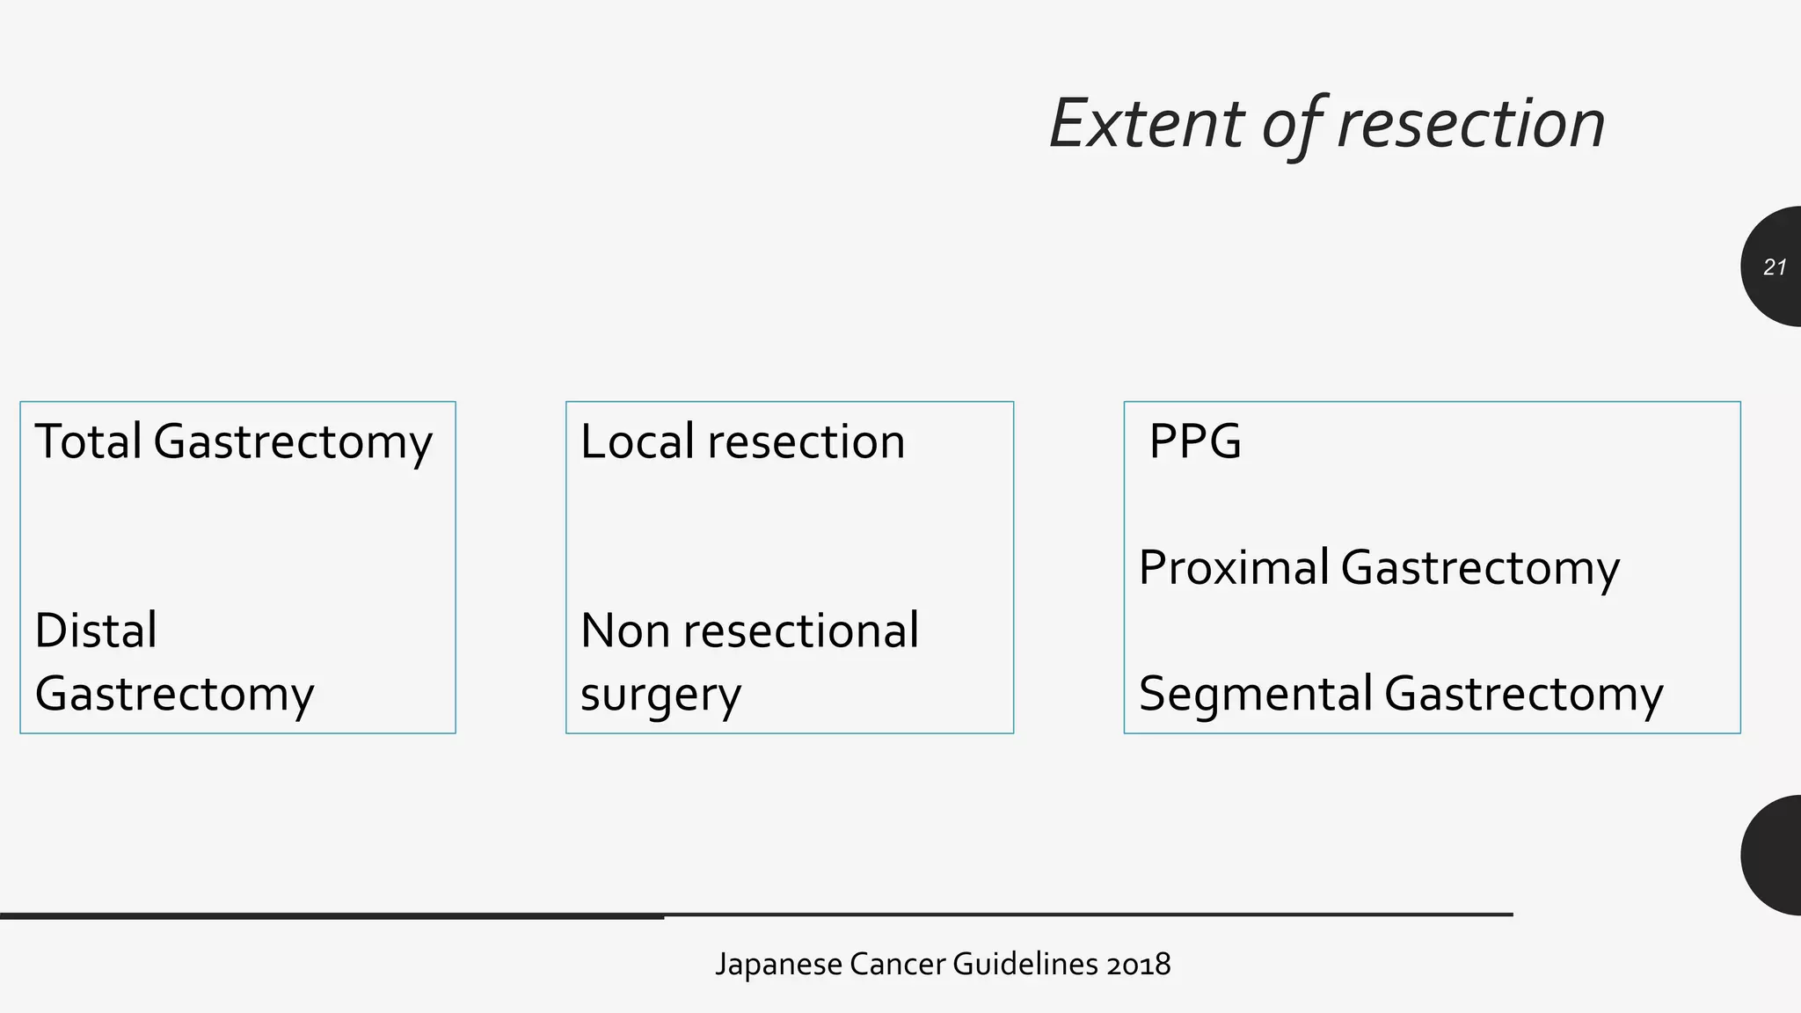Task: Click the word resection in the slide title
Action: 1470,123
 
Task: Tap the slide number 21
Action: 1775,267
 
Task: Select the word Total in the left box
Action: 88,441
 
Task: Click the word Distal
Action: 96,630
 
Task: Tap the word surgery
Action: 660,695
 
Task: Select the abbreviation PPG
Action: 1195,441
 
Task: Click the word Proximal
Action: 1233,567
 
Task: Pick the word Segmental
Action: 1255,694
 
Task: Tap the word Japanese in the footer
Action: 779,965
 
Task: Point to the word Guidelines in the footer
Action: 1024,965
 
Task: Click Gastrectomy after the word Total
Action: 293,441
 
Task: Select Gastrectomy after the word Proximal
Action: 1480,567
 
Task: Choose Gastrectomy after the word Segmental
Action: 1523,694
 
